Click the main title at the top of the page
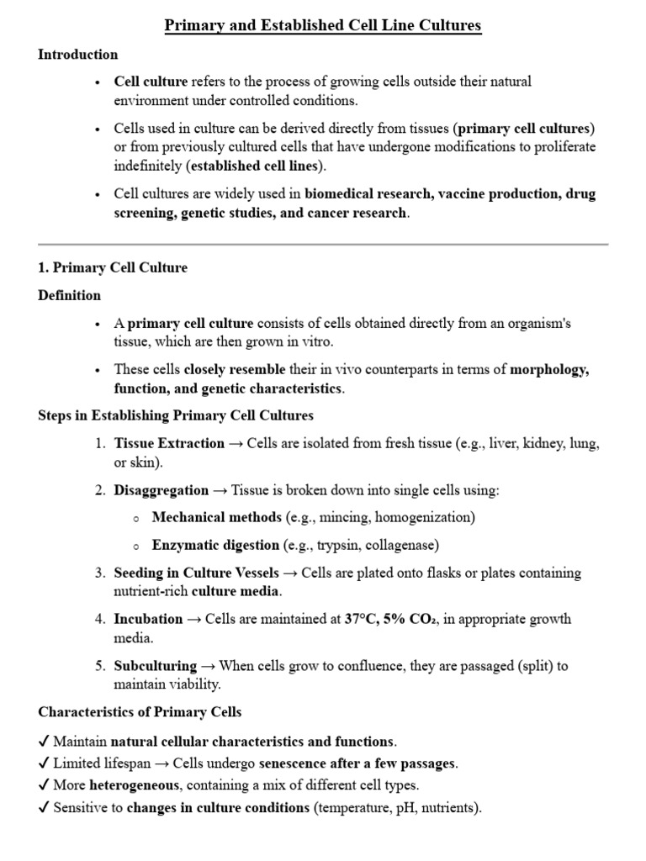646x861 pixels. click(323, 25)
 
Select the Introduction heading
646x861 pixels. click(78, 55)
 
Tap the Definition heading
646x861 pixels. click(70, 295)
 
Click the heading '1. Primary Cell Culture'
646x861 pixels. click(113, 268)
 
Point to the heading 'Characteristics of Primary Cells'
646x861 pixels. click(140, 712)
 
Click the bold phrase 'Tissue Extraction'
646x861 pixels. click(169, 443)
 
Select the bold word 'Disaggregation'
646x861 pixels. click(161, 490)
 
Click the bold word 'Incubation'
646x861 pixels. click(148, 619)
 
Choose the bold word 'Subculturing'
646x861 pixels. click(156, 666)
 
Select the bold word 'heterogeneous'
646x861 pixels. click(134, 785)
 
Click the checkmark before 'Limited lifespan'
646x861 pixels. click(44, 763)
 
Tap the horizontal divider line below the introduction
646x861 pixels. click(323, 244)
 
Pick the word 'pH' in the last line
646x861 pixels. click(414, 808)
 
